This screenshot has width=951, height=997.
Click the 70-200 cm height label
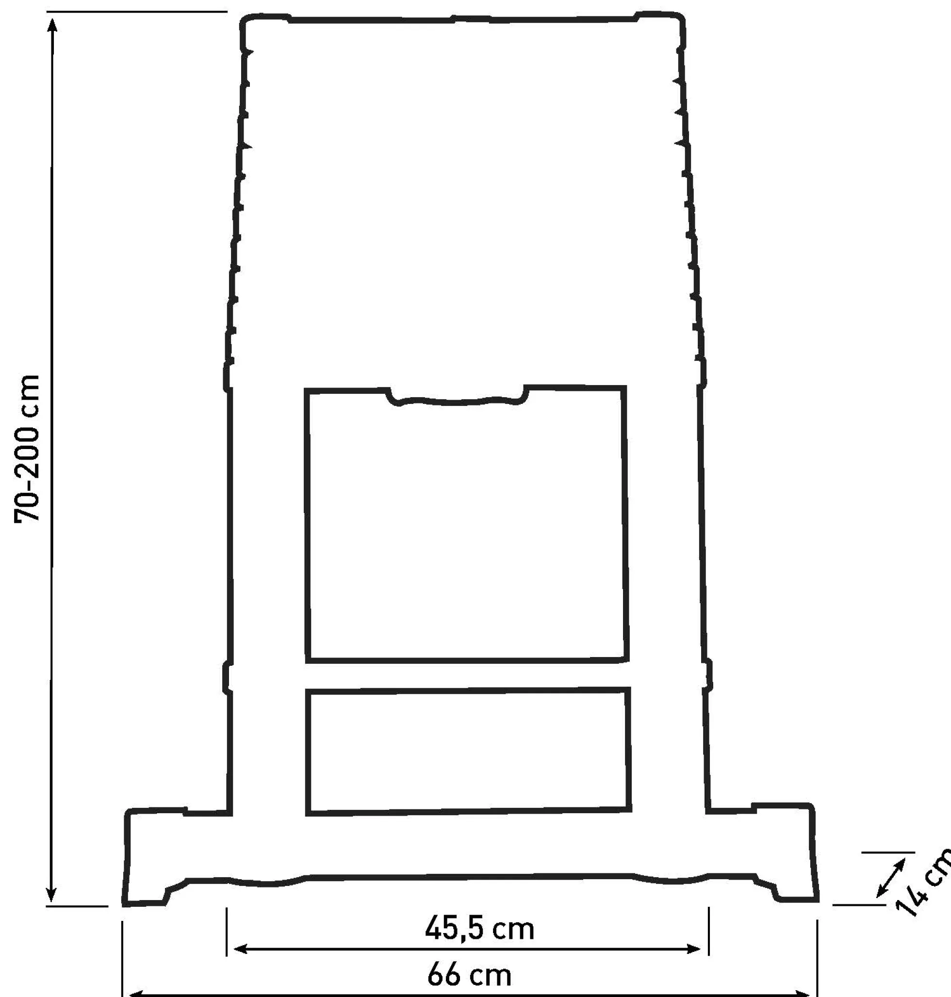click(x=26, y=448)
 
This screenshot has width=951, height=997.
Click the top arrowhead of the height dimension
click(x=52, y=25)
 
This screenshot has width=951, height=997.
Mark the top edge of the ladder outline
click(x=462, y=19)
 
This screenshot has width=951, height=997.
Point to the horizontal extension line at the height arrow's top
click(x=137, y=11)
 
